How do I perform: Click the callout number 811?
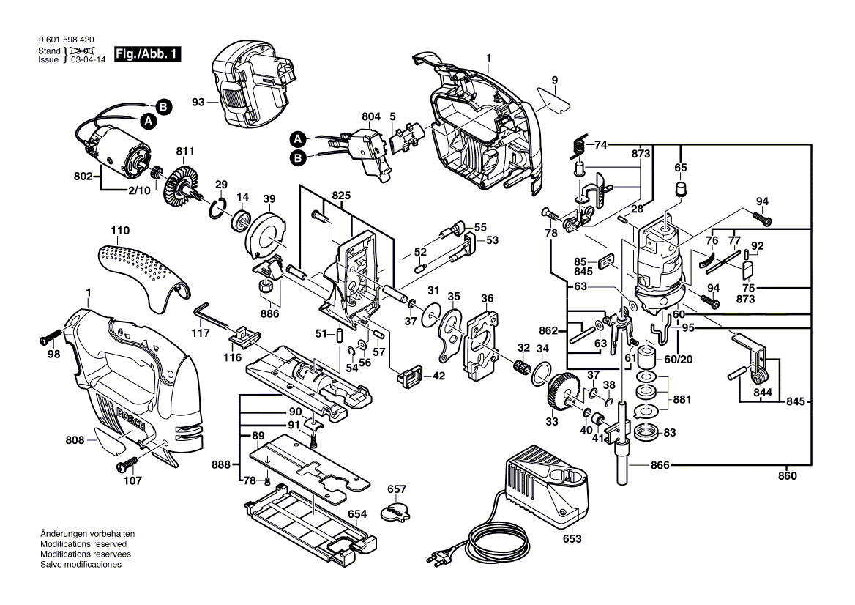[184, 152]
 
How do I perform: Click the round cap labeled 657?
[398, 511]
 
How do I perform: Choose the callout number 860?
[787, 476]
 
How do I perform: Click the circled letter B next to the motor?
[164, 106]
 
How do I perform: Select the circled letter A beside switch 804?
[297, 138]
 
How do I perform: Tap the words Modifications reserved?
[83, 545]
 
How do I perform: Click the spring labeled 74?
[578, 147]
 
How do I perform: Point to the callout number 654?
[356, 514]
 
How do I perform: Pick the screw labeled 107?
[126, 465]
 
